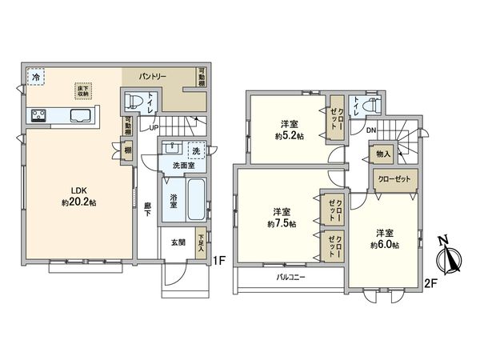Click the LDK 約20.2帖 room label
point(78,196)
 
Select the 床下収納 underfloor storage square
point(82,90)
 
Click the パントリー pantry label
point(153,76)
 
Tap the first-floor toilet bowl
point(136,102)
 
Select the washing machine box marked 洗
point(194,150)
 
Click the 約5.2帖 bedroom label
point(289,130)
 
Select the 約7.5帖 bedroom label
point(280,218)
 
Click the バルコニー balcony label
point(293,278)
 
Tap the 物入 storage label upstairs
point(382,154)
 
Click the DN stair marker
point(371,130)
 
